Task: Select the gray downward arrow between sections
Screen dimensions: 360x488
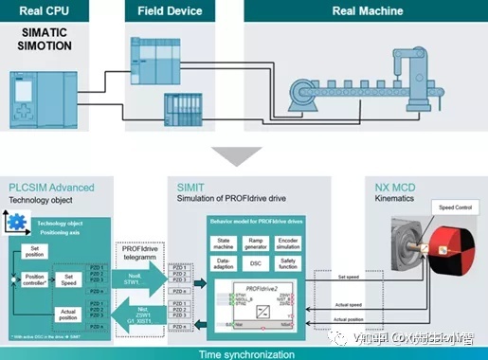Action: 244,153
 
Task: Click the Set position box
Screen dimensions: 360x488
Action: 33,251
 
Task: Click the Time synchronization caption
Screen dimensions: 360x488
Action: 243,352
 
